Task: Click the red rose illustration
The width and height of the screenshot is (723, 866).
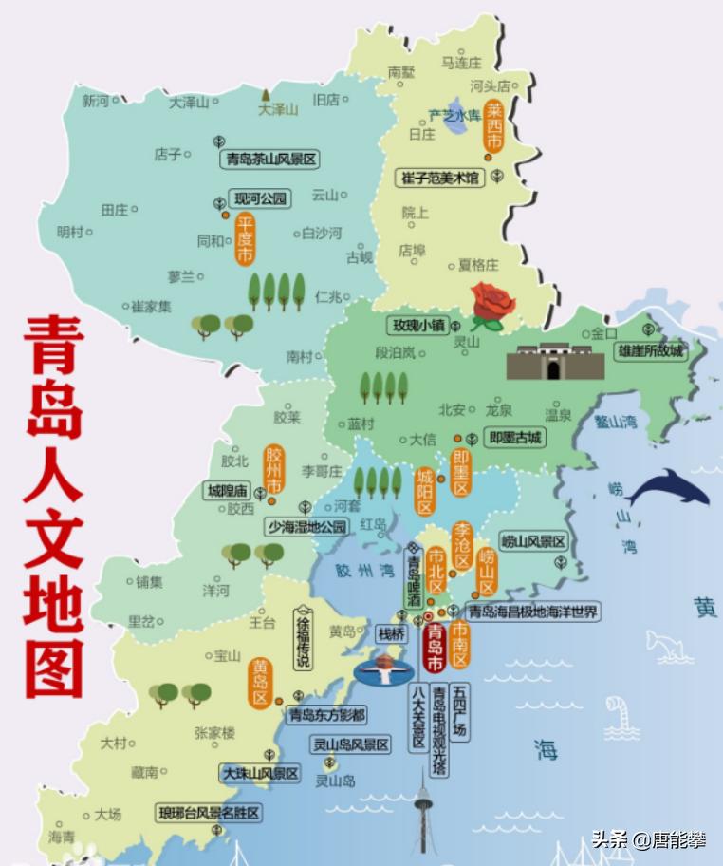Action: [x=492, y=305]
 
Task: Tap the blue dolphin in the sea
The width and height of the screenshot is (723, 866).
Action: [x=668, y=490]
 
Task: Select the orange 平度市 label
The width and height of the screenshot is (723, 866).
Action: [x=245, y=239]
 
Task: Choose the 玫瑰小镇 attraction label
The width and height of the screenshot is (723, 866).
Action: [x=417, y=325]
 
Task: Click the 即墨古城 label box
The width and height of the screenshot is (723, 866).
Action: [x=513, y=438]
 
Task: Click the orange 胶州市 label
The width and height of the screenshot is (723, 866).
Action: [x=274, y=471]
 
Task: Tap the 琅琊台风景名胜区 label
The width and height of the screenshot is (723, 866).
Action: [x=209, y=814]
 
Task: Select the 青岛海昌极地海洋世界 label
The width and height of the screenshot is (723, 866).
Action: [x=534, y=612]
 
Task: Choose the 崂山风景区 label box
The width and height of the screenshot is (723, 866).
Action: [x=533, y=542]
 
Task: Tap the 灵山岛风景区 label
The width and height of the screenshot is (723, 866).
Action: [x=351, y=745]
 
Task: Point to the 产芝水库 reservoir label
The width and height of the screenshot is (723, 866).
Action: [x=454, y=116]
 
